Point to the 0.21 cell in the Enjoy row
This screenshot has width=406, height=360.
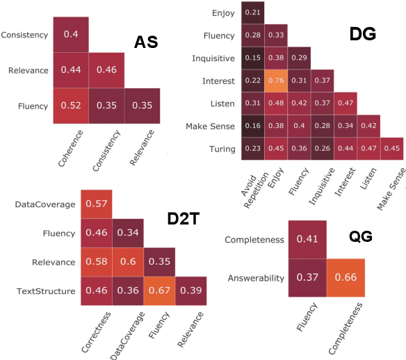pos(252,13)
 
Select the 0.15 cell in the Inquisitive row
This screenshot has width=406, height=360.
pos(252,58)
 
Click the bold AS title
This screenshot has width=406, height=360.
pos(147,42)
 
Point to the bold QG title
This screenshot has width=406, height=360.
pos(360,237)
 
